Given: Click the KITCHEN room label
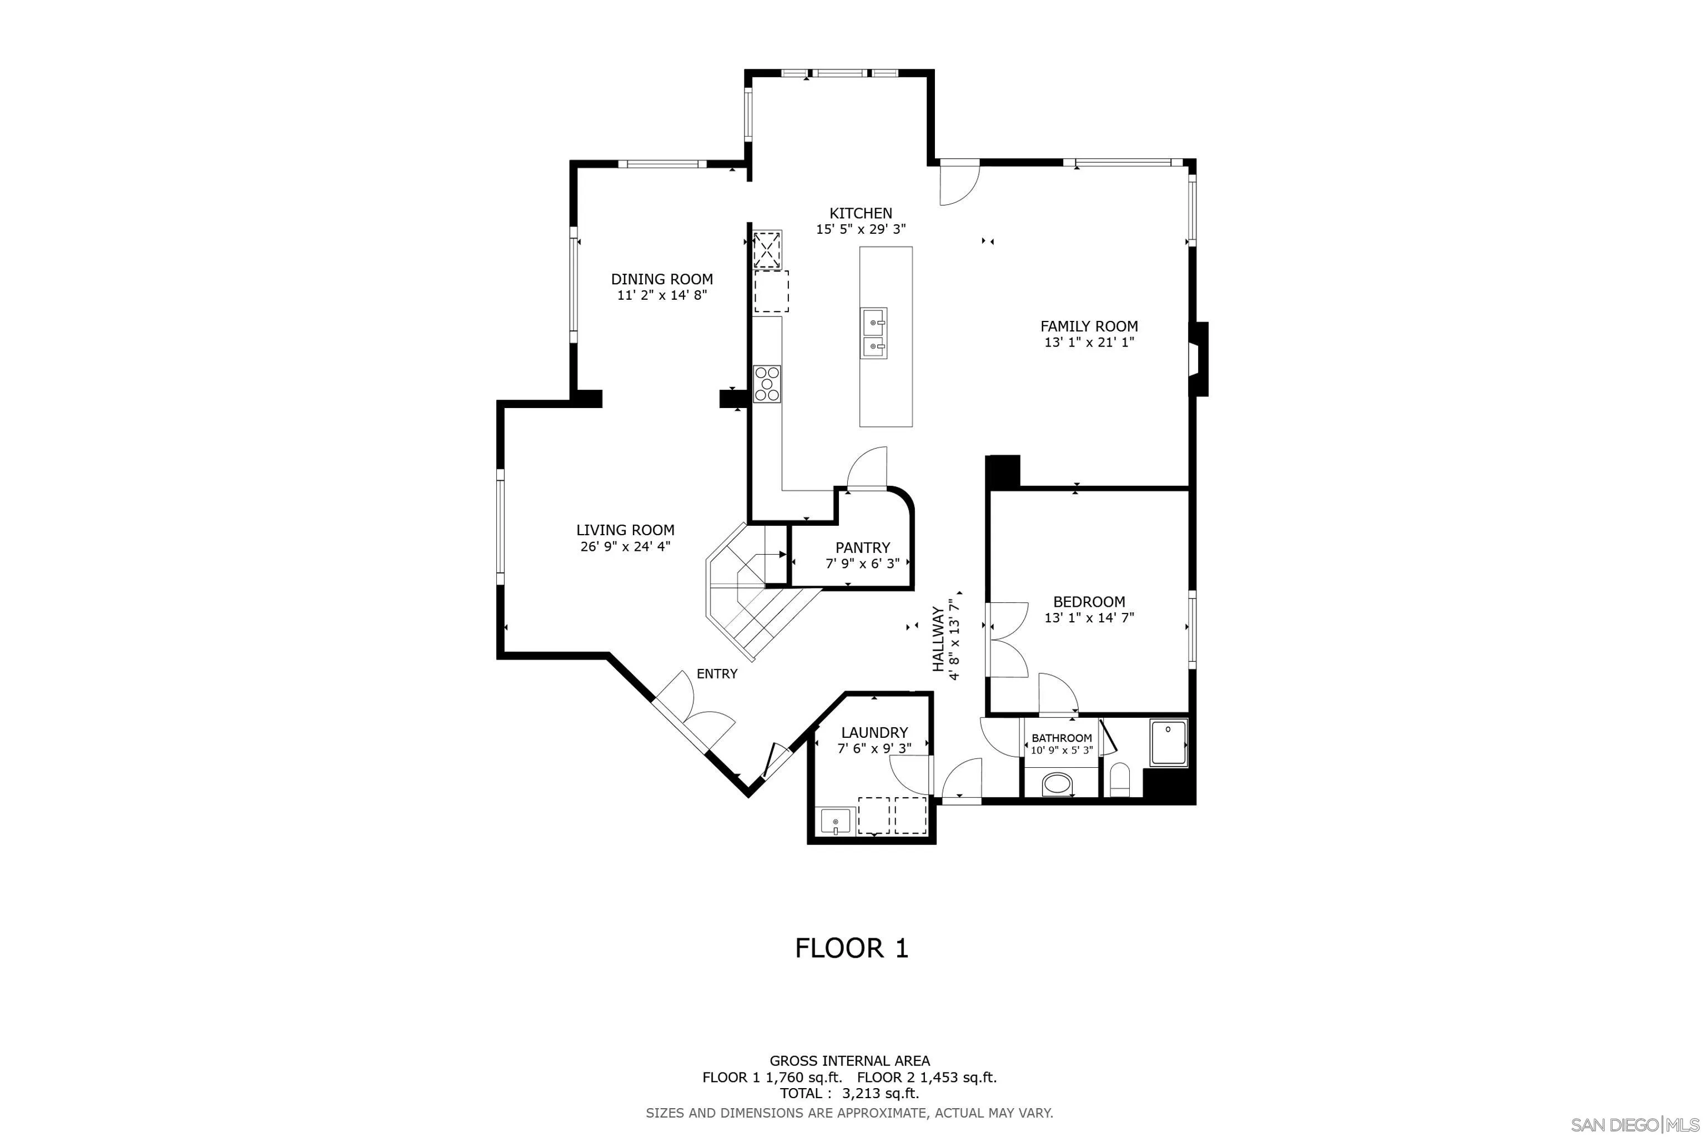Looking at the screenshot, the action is pos(861,213).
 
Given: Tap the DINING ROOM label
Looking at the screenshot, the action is pos(661,279).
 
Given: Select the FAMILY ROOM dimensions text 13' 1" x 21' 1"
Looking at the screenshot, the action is pos(1089,342).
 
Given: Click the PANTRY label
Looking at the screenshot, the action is pos(862,547).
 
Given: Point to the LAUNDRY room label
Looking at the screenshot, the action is pos(874,732).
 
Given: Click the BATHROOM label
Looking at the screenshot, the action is pos(1062,738).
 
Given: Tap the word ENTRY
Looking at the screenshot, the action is pos(717,673).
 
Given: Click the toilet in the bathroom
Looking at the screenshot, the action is pos(1120,779).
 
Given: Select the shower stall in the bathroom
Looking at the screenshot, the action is pos(1168,742).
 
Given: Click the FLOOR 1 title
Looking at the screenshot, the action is pos(852,948).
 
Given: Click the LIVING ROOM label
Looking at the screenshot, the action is pos(625,530).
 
